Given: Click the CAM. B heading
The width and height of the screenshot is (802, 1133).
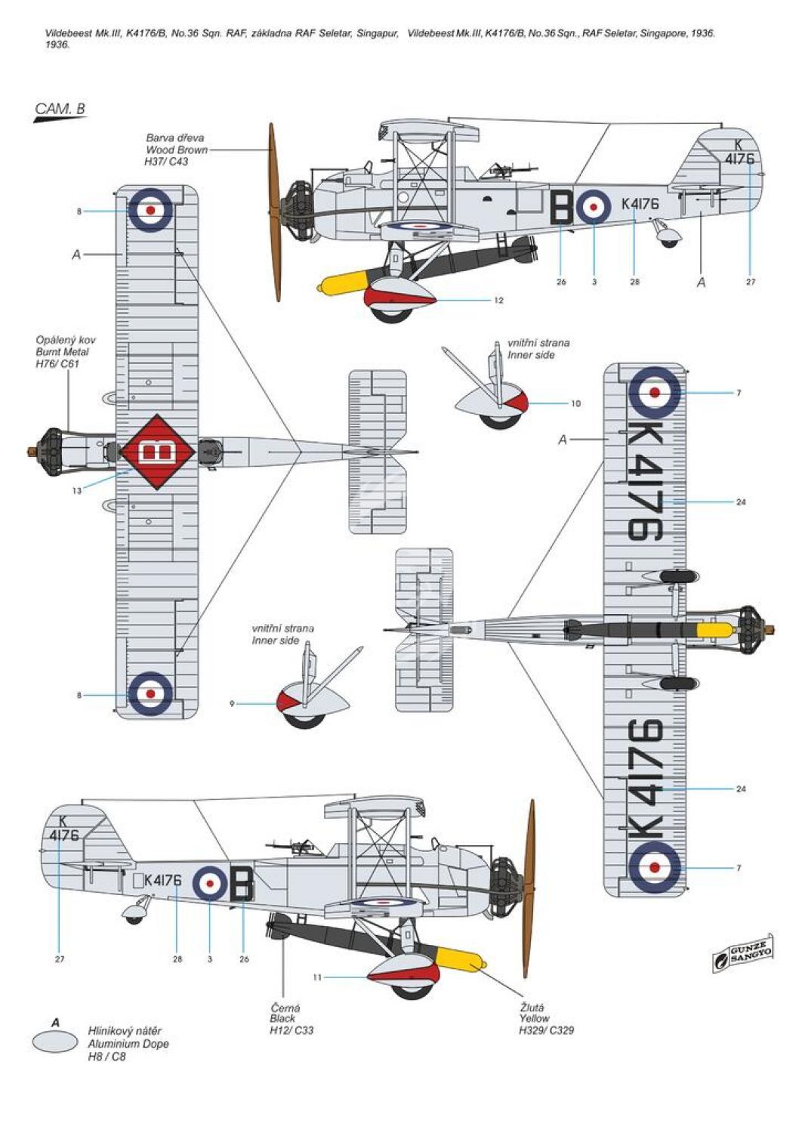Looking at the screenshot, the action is pyautogui.click(x=60, y=109).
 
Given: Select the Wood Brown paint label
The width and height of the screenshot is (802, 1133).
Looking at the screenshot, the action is pyautogui.click(x=177, y=150).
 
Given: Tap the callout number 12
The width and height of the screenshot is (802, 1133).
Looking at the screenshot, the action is pyautogui.click(x=498, y=301).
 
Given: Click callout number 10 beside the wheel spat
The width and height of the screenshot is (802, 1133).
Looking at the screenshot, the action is pyautogui.click(x=575, y=403).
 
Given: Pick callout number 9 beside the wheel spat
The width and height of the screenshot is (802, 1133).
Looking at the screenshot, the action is pyautogui.click(x=232, y=703).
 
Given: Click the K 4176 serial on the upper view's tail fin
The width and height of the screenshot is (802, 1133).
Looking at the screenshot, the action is pyautogui.click(x=739, y=152).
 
